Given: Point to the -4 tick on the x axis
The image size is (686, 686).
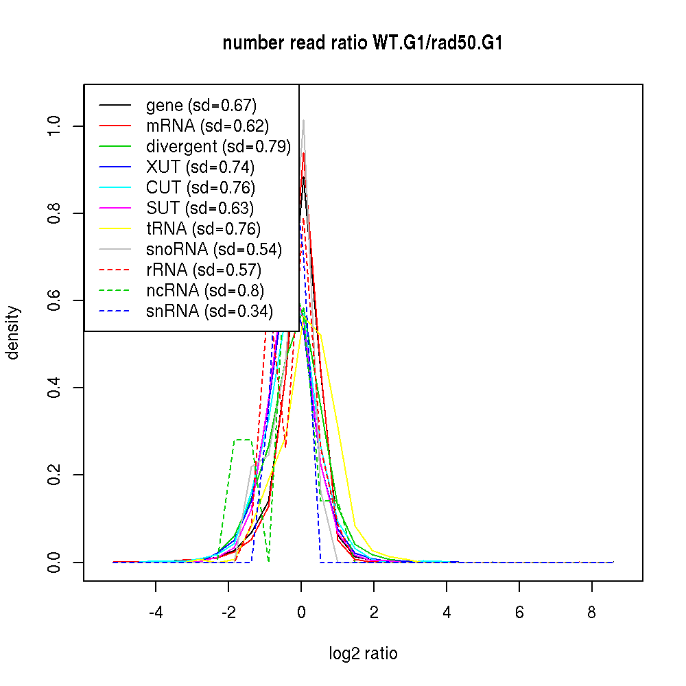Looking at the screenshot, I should (156, 581).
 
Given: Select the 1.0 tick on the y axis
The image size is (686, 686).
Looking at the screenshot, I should (84, 126).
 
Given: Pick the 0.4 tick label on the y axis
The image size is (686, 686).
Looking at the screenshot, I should (55, 388).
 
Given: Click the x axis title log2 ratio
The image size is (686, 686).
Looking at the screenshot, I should (363, 654).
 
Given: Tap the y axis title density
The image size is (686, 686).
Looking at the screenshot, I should (13, 333).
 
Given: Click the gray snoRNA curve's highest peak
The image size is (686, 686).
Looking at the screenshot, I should (303, 120).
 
